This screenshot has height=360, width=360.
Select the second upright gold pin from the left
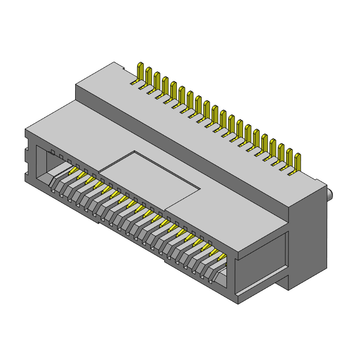click(148, 75)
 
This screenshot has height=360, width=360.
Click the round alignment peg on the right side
click(331, 195)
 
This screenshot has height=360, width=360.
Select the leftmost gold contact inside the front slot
click(72, 172)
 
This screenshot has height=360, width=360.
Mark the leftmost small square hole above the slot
click(53, 152)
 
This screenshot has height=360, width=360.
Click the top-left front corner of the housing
click(26, 130)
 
